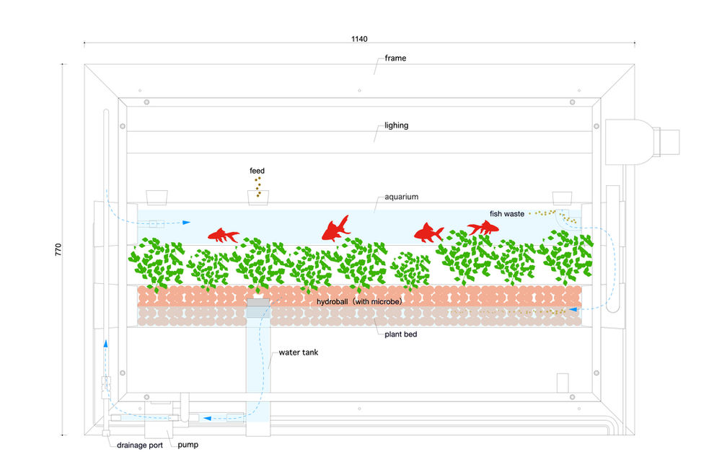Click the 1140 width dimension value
click(x=360, y=37)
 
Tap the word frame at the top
click(x=395, y=58)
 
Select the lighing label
click(x=396, y=125)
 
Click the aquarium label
click(x=402, y=196)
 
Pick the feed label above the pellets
click(x=257, y=171)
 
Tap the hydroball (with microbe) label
click(x=358, y=301)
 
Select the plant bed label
click(x=400, y=335)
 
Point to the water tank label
click(x=298, y=352)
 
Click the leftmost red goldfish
click(x=224, y=235)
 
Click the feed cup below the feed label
click(x=257, y=196)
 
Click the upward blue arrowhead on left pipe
click(x=105, y=344)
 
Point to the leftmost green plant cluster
click(x=157, y=262)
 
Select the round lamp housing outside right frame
click(x=628, y=141)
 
